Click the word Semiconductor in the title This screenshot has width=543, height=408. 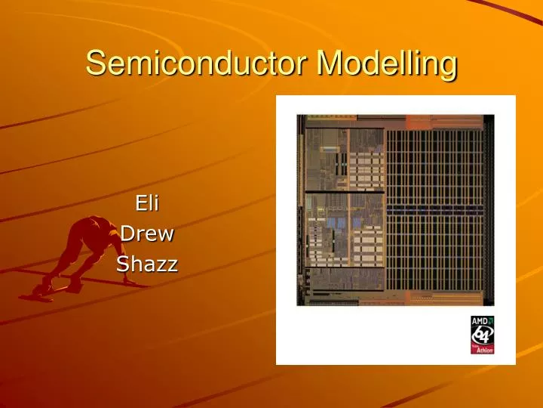(x=198, y=63)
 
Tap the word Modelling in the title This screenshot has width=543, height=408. (x=387, y=63)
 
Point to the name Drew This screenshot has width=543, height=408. (x=147, y=233)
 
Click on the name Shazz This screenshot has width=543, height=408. (x=146, y=264)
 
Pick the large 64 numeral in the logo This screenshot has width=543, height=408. (x=482, y=334)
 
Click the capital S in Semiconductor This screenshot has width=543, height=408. (x=95, y=63)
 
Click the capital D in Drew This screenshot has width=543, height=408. (x=127, y=233)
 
